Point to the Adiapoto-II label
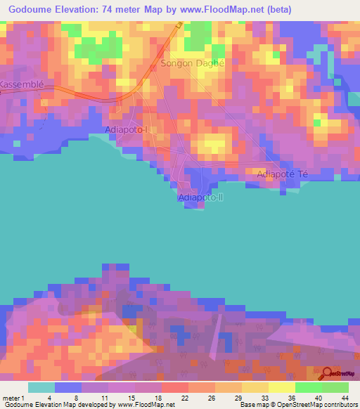200,197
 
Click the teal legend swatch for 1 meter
41,387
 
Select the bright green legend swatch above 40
309,387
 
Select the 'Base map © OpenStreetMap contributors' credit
297,405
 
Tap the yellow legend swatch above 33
255,387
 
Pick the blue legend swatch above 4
68,387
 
